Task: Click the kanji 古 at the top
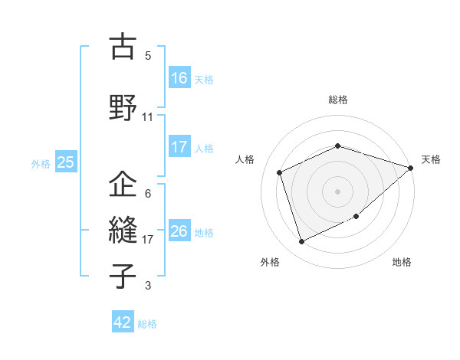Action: click(x=123, y=47)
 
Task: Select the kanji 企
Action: click(x=123, y=185)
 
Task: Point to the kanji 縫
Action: click(x=123, y=230)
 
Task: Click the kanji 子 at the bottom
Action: click(x=123, y=275)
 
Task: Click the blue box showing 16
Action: click(x=179, y=78)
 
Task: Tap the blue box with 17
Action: click(x=179, y=148)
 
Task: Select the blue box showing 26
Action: click(x=179, y=231)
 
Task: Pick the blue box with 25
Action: click(x=66, y=162)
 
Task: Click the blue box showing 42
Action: click(x=123, y=322)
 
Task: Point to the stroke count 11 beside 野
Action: click(x=148, y=117)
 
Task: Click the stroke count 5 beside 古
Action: click(x=148, y=56)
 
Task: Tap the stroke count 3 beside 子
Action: click(x=148, y=286)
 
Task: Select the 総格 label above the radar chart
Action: click(x=338, y=100)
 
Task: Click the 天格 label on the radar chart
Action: click(x=431, y=159)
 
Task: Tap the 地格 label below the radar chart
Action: click(x=402, y=262)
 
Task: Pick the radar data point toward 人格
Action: click(x=280, y=172)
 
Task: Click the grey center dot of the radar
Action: click(x=338, y=191)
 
